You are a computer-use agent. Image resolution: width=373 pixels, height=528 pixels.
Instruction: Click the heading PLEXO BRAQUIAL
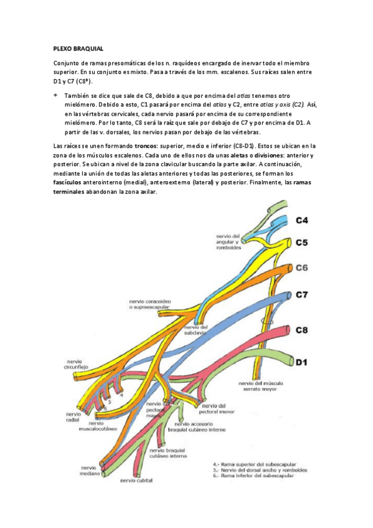[78, 49]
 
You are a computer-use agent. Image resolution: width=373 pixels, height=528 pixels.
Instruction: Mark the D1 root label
[303, 361]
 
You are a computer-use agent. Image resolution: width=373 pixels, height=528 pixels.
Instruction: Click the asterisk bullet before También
[55, 95]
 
